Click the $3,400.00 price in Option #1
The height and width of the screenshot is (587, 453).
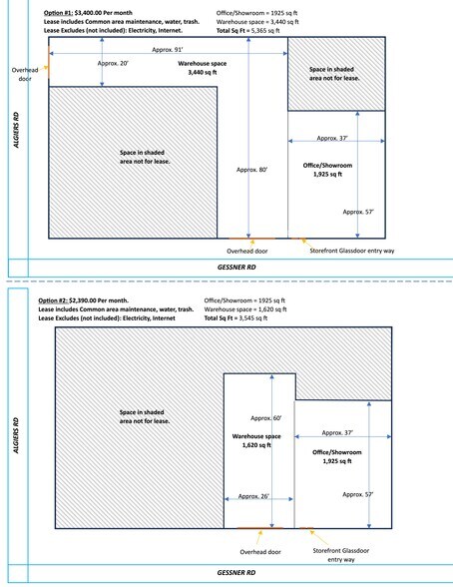click(x=88, y=13)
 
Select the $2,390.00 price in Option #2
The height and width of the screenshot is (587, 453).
click(x=82, y=300)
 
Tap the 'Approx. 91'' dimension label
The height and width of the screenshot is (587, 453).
click(x=168, y=50)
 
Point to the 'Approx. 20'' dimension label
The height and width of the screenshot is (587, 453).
click(x=113, y=63)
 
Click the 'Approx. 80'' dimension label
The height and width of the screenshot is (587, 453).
click(x=251, y=170)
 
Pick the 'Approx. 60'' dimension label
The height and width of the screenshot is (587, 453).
click(x=265, y=418)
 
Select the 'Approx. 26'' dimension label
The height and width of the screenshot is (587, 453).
click(x=253, y=496)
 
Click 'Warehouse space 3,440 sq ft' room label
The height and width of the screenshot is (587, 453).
click(x=202, y=68)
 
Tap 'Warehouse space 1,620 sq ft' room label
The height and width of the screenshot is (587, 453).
click(x=256, y=440)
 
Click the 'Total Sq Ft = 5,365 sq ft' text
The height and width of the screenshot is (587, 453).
click(x=247, y=31)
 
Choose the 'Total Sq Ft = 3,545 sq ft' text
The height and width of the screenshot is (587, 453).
click(x=235, y=318)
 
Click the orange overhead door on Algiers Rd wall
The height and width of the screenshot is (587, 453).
click(x=49, y=61)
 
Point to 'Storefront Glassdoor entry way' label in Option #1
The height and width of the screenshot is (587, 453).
click(x=352, y=251)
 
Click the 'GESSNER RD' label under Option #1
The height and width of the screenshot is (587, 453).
click(x=236, y=268)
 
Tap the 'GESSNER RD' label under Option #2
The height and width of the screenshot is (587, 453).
click(x=236, y=573)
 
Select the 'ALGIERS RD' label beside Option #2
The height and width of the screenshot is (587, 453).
click(x=16, y=435)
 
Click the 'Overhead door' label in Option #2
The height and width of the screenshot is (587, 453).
click(x=260, y=552)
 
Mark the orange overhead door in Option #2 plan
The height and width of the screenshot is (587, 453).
click(x=260, y=528)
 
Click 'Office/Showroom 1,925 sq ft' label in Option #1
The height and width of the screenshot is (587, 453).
click(x=327, y=170)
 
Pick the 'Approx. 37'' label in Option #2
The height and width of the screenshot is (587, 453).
click(x=337, y=433)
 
